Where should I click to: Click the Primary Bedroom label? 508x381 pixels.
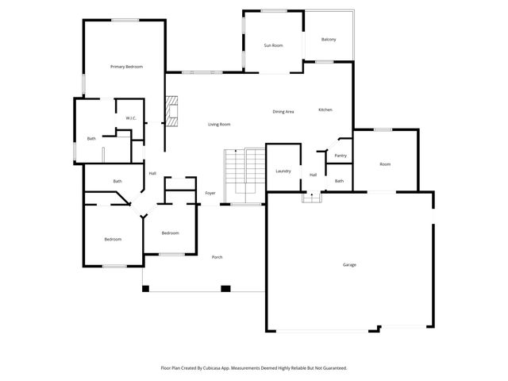tap(126, 67)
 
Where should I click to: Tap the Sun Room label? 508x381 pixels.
tap(273, 45)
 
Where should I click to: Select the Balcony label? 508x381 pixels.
tap(329, 40)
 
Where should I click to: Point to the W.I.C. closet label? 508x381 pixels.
tap(131, 119)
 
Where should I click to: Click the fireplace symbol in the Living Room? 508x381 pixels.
tap(172, 110)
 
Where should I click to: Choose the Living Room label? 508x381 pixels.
tap(219, 125)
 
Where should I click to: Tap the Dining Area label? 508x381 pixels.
tap(283, 111)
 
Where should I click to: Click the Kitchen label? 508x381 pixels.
tap(325, 110)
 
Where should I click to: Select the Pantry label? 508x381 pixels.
tap(341, 156)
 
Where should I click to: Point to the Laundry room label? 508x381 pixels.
tap(283, 171)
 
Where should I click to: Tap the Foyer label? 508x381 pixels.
tap(210, 193)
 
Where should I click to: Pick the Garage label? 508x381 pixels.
tap(348, 264)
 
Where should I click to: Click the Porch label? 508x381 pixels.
tap(217, 256)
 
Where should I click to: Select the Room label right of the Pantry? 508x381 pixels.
tap(385, 164)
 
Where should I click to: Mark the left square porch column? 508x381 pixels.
tap(145, 288)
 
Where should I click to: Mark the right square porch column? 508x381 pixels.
tap(225, 288)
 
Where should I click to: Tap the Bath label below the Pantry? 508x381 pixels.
tap(339, 181)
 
